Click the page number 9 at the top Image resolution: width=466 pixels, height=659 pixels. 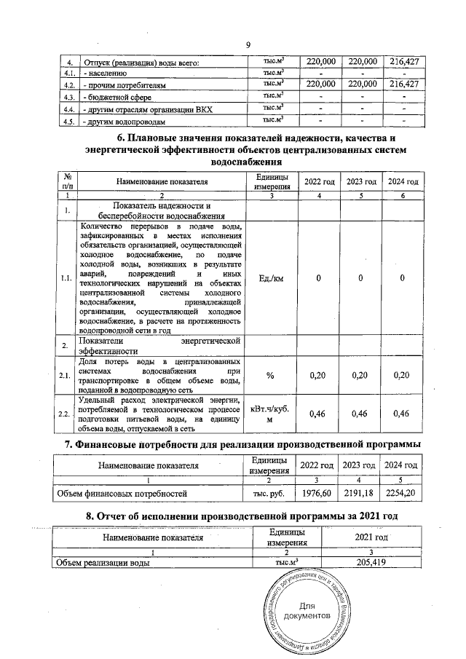tap(248, 46)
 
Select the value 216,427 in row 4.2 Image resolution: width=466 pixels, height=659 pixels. tap(403, 84)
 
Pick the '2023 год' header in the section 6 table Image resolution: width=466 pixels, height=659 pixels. tap(362, 181)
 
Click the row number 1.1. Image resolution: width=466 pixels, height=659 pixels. tap(67, 277)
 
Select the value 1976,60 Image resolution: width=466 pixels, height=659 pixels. tap(316, 493)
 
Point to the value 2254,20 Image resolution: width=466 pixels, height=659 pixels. tap(401, 493)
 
